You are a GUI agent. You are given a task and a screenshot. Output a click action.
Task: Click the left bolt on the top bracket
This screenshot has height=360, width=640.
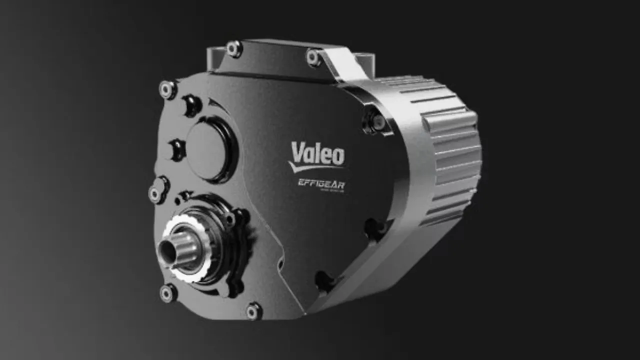click(233, 48)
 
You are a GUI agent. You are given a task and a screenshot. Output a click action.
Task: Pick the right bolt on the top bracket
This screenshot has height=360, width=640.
click(313, 57)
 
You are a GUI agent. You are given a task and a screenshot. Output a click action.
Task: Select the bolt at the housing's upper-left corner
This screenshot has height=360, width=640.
click(167, 89)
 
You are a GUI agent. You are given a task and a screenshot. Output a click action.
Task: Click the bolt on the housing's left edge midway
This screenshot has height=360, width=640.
click(157, 193)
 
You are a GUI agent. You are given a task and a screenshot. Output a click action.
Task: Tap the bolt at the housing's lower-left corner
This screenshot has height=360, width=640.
click(168, 293)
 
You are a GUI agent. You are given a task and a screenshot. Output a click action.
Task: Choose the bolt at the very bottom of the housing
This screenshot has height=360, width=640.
click(253, 311)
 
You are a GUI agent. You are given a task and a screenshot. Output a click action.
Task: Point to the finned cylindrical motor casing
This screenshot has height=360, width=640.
click(445, 150)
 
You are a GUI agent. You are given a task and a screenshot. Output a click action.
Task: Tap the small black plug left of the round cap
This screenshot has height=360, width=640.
click(177, 149)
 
